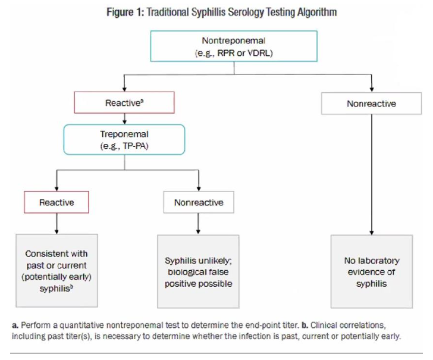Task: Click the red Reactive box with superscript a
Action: pos(124,103)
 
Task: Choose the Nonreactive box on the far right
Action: pos(371,104)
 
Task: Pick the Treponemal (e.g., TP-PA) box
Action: pos(124,140)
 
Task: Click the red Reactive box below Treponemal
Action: pos(56,202)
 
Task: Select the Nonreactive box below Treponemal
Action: pos(198,202)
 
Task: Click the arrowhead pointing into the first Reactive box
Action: pos(124,89)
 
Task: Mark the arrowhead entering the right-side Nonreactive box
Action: pos(371,89)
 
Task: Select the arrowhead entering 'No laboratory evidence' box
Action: pos(371,231)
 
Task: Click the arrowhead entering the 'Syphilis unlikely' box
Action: pos(198,231)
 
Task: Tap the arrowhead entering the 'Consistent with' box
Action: pos(56,231)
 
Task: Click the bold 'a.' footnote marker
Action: pos(15,325)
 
